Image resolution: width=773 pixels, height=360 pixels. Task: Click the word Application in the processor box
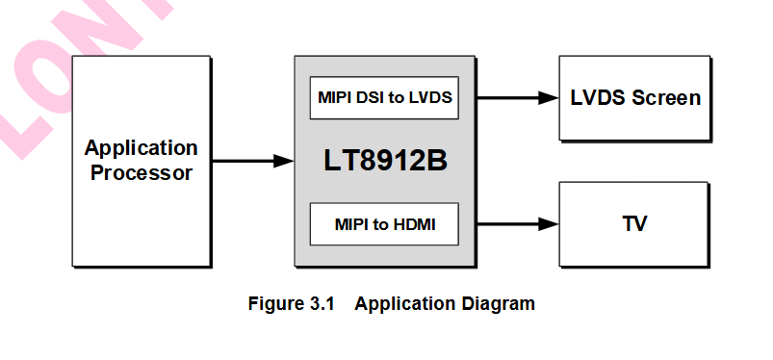141,148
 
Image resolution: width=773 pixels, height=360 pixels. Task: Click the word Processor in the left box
141,173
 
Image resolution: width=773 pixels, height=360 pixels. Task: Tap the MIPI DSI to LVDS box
384,97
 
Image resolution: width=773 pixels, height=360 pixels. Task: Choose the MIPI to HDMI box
384,224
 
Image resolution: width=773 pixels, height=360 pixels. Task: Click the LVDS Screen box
634,97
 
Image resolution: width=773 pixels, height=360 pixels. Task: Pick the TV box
634,224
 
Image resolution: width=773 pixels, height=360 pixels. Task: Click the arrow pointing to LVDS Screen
516,97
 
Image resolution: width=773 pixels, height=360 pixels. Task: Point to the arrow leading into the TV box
516,224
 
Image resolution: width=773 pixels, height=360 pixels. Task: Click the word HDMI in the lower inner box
417,225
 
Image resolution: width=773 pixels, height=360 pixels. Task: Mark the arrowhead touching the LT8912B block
284,161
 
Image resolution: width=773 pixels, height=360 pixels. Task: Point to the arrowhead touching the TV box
549,224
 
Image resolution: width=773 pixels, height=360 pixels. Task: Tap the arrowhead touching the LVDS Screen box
549,97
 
